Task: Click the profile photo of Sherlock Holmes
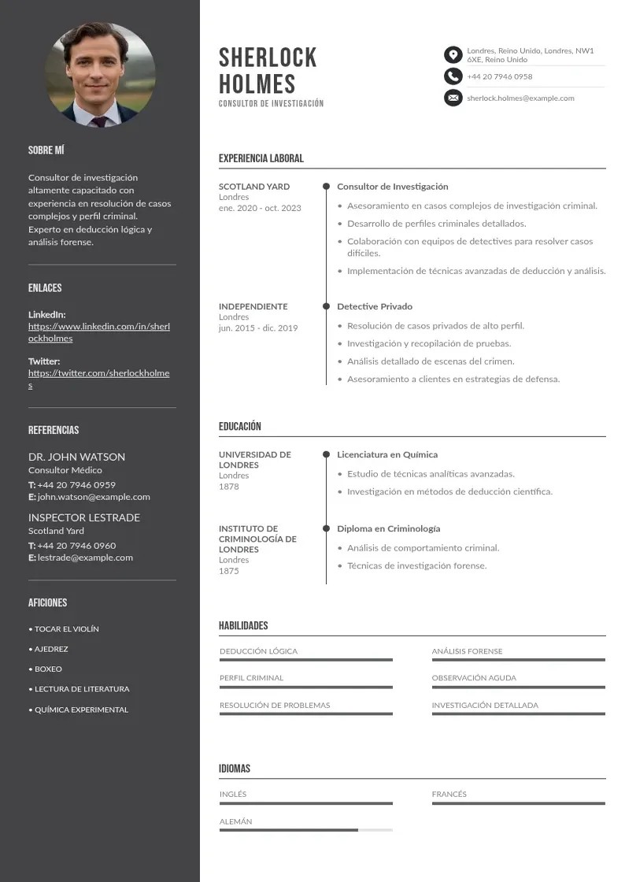(100, 75)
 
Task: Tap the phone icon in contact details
(453, 76)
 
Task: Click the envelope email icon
(453, 98)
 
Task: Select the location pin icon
(453, 54)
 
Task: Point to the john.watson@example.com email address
(94, 497)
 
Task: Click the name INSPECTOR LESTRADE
(84, 517)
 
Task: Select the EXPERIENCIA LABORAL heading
(261, 158)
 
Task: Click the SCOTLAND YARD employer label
(254, 187)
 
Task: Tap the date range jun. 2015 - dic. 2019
(258, 328)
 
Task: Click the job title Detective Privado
(375, 306)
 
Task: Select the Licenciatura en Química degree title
(387, 454)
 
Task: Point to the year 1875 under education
(228, 571)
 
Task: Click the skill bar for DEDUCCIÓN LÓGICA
(305, 660)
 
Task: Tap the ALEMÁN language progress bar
(305, 830)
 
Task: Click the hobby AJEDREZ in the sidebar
(51, 649)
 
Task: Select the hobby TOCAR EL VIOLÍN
(66, 629)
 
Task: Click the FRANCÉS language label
(449, 794)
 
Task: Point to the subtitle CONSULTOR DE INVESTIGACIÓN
(271, 103)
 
